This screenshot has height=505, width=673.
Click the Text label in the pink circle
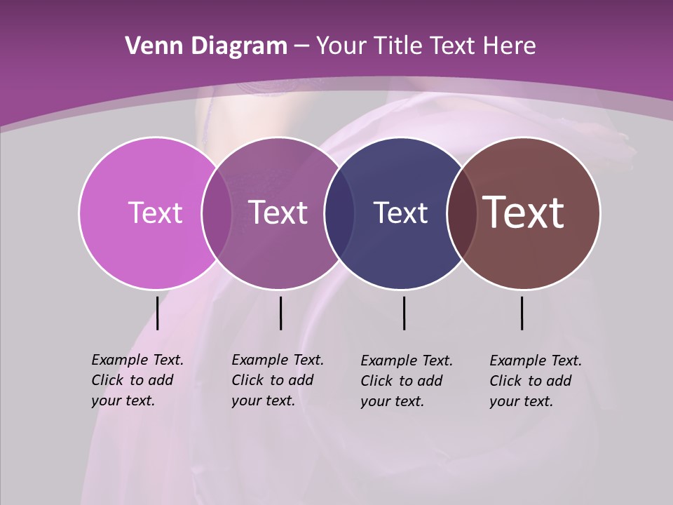[155, 213]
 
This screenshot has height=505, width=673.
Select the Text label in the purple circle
[278, 213]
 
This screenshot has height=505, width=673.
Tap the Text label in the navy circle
[400, 213]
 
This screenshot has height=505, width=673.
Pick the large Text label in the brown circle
[524, 213]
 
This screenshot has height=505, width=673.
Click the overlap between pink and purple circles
[217, 213]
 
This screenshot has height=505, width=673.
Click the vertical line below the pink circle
[158, 313]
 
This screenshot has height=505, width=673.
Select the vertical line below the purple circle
[280, 313]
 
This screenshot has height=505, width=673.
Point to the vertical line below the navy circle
[404, 313]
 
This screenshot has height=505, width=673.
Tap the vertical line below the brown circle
[522, 313]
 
